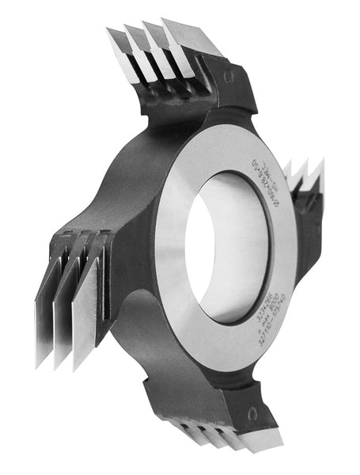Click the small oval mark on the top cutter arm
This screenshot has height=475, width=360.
click(x=228, y=76)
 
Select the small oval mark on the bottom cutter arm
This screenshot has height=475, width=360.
click(x=252, y=413)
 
